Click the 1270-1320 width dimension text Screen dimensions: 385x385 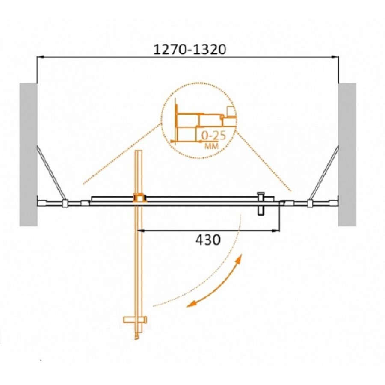point(190,50)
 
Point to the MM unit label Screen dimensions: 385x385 point(211,147)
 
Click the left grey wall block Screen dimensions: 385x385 point(29,154)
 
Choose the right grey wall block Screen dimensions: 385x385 point(347,154)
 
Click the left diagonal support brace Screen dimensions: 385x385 point(51,173)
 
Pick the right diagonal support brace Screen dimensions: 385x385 point(324,173)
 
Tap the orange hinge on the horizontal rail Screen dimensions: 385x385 point(140,198)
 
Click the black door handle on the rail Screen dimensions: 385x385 point(261,204)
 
